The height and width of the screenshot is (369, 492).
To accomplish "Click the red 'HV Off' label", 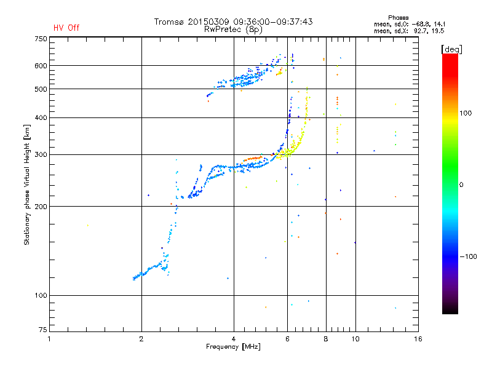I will coord(66,28).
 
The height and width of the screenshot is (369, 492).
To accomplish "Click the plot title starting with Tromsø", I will coord(233,22).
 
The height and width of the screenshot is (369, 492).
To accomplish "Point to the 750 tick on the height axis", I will coord(41,39).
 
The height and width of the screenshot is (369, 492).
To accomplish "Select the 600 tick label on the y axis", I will coord(41,66).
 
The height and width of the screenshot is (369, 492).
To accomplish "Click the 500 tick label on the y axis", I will coord(41,89).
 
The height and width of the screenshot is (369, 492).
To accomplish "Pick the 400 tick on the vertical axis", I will coord(41,117).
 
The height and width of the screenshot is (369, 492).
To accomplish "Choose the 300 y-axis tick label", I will coord(41,154).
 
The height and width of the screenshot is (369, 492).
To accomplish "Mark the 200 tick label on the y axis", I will coord(41,207).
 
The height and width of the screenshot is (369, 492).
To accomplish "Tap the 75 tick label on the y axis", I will coord(42,332).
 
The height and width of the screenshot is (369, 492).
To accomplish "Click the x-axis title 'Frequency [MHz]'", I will coord(233,347).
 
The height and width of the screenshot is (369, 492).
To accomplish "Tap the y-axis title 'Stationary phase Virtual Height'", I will coord(27,184).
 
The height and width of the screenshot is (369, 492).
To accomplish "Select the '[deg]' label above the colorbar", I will coord(452,49).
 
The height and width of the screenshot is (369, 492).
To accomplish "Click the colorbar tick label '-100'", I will coord(469,256).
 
